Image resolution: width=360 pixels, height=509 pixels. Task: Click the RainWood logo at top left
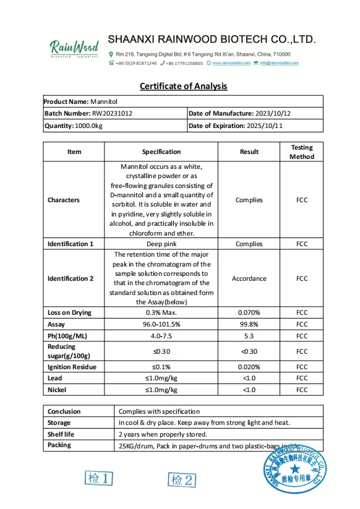click(x=74, y=48)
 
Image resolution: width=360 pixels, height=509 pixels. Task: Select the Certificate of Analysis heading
click(x=183, y=86)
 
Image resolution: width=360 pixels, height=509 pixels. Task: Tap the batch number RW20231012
click(x=112, y=114)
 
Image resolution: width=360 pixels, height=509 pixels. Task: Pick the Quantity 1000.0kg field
click(x=72, y=126)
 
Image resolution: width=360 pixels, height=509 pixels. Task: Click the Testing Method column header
click(x=301, y=152)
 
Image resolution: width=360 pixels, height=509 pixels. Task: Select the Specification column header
click(x=161, y=152)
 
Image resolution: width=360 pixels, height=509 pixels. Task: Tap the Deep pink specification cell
click(x=161, y=244)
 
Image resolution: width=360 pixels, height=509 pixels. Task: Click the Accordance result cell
click(x=249, y=278)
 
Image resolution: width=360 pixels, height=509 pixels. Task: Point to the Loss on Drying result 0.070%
click(x=249, y=312)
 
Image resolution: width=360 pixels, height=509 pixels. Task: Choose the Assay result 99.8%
click(x=249, y=324)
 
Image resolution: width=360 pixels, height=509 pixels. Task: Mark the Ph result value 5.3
click(x=249, y=336)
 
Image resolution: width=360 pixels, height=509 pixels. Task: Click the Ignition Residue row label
click(x=72, y=367)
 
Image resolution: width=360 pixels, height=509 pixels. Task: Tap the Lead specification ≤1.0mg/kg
click(x=161, y=378)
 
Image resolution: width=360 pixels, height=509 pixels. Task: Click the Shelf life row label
click(x=61, y=434)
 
